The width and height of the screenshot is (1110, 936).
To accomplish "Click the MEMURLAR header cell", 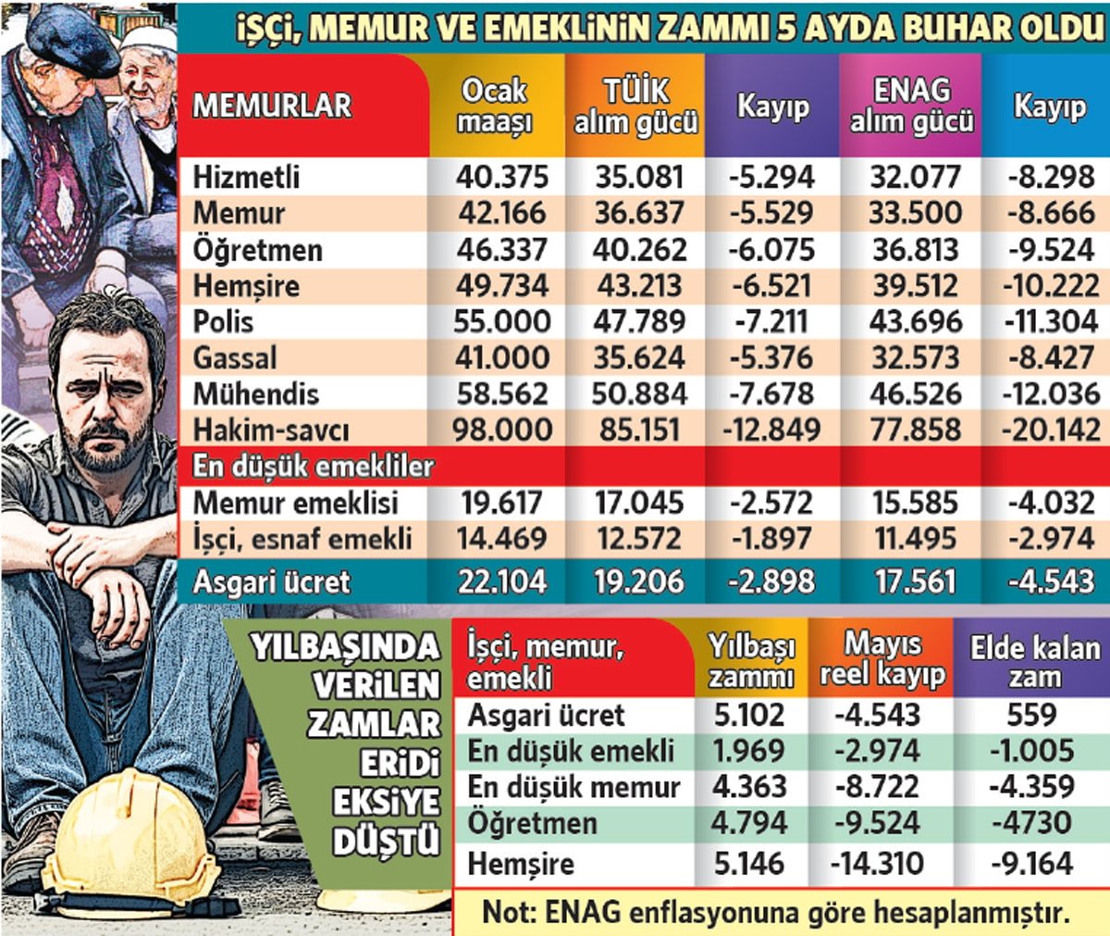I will [272, 105].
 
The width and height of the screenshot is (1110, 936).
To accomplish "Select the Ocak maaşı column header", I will [495, 105].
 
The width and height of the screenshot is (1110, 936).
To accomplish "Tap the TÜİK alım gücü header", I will [635, 105].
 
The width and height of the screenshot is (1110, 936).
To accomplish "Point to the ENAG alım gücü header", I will [911, 105].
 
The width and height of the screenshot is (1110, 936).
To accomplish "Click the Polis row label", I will [223, 321].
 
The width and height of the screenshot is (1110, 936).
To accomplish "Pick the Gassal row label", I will [235, 357].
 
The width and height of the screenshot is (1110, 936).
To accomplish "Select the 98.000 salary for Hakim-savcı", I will [502, 430].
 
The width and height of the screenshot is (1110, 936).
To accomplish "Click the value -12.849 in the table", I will [771, 430].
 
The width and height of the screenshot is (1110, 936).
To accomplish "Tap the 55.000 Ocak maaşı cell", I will [502, 321].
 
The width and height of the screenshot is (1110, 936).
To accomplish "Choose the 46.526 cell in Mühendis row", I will [915, 393].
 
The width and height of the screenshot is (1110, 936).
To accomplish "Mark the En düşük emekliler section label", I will [313, 466].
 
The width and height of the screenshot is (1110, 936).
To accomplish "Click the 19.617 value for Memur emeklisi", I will [502, 503].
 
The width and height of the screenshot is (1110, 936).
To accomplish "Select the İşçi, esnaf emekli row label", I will [302, 539].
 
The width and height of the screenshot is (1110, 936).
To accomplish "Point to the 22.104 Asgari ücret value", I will [502, 581].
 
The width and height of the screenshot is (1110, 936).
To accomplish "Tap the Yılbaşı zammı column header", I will [751, 660].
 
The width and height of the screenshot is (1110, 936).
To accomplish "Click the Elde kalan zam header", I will [1034, 660].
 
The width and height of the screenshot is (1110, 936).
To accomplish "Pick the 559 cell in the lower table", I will [1031, 714].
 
